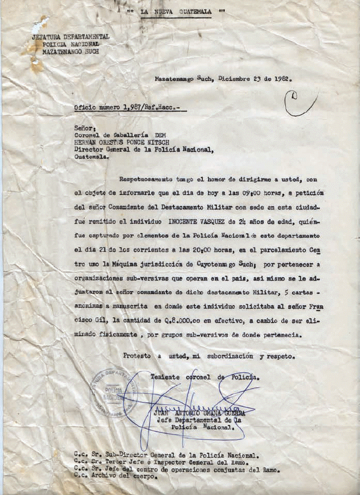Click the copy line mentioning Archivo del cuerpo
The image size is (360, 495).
[x=116, y=477]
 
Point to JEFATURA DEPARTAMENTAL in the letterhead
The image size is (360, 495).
[x=71, y=36]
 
